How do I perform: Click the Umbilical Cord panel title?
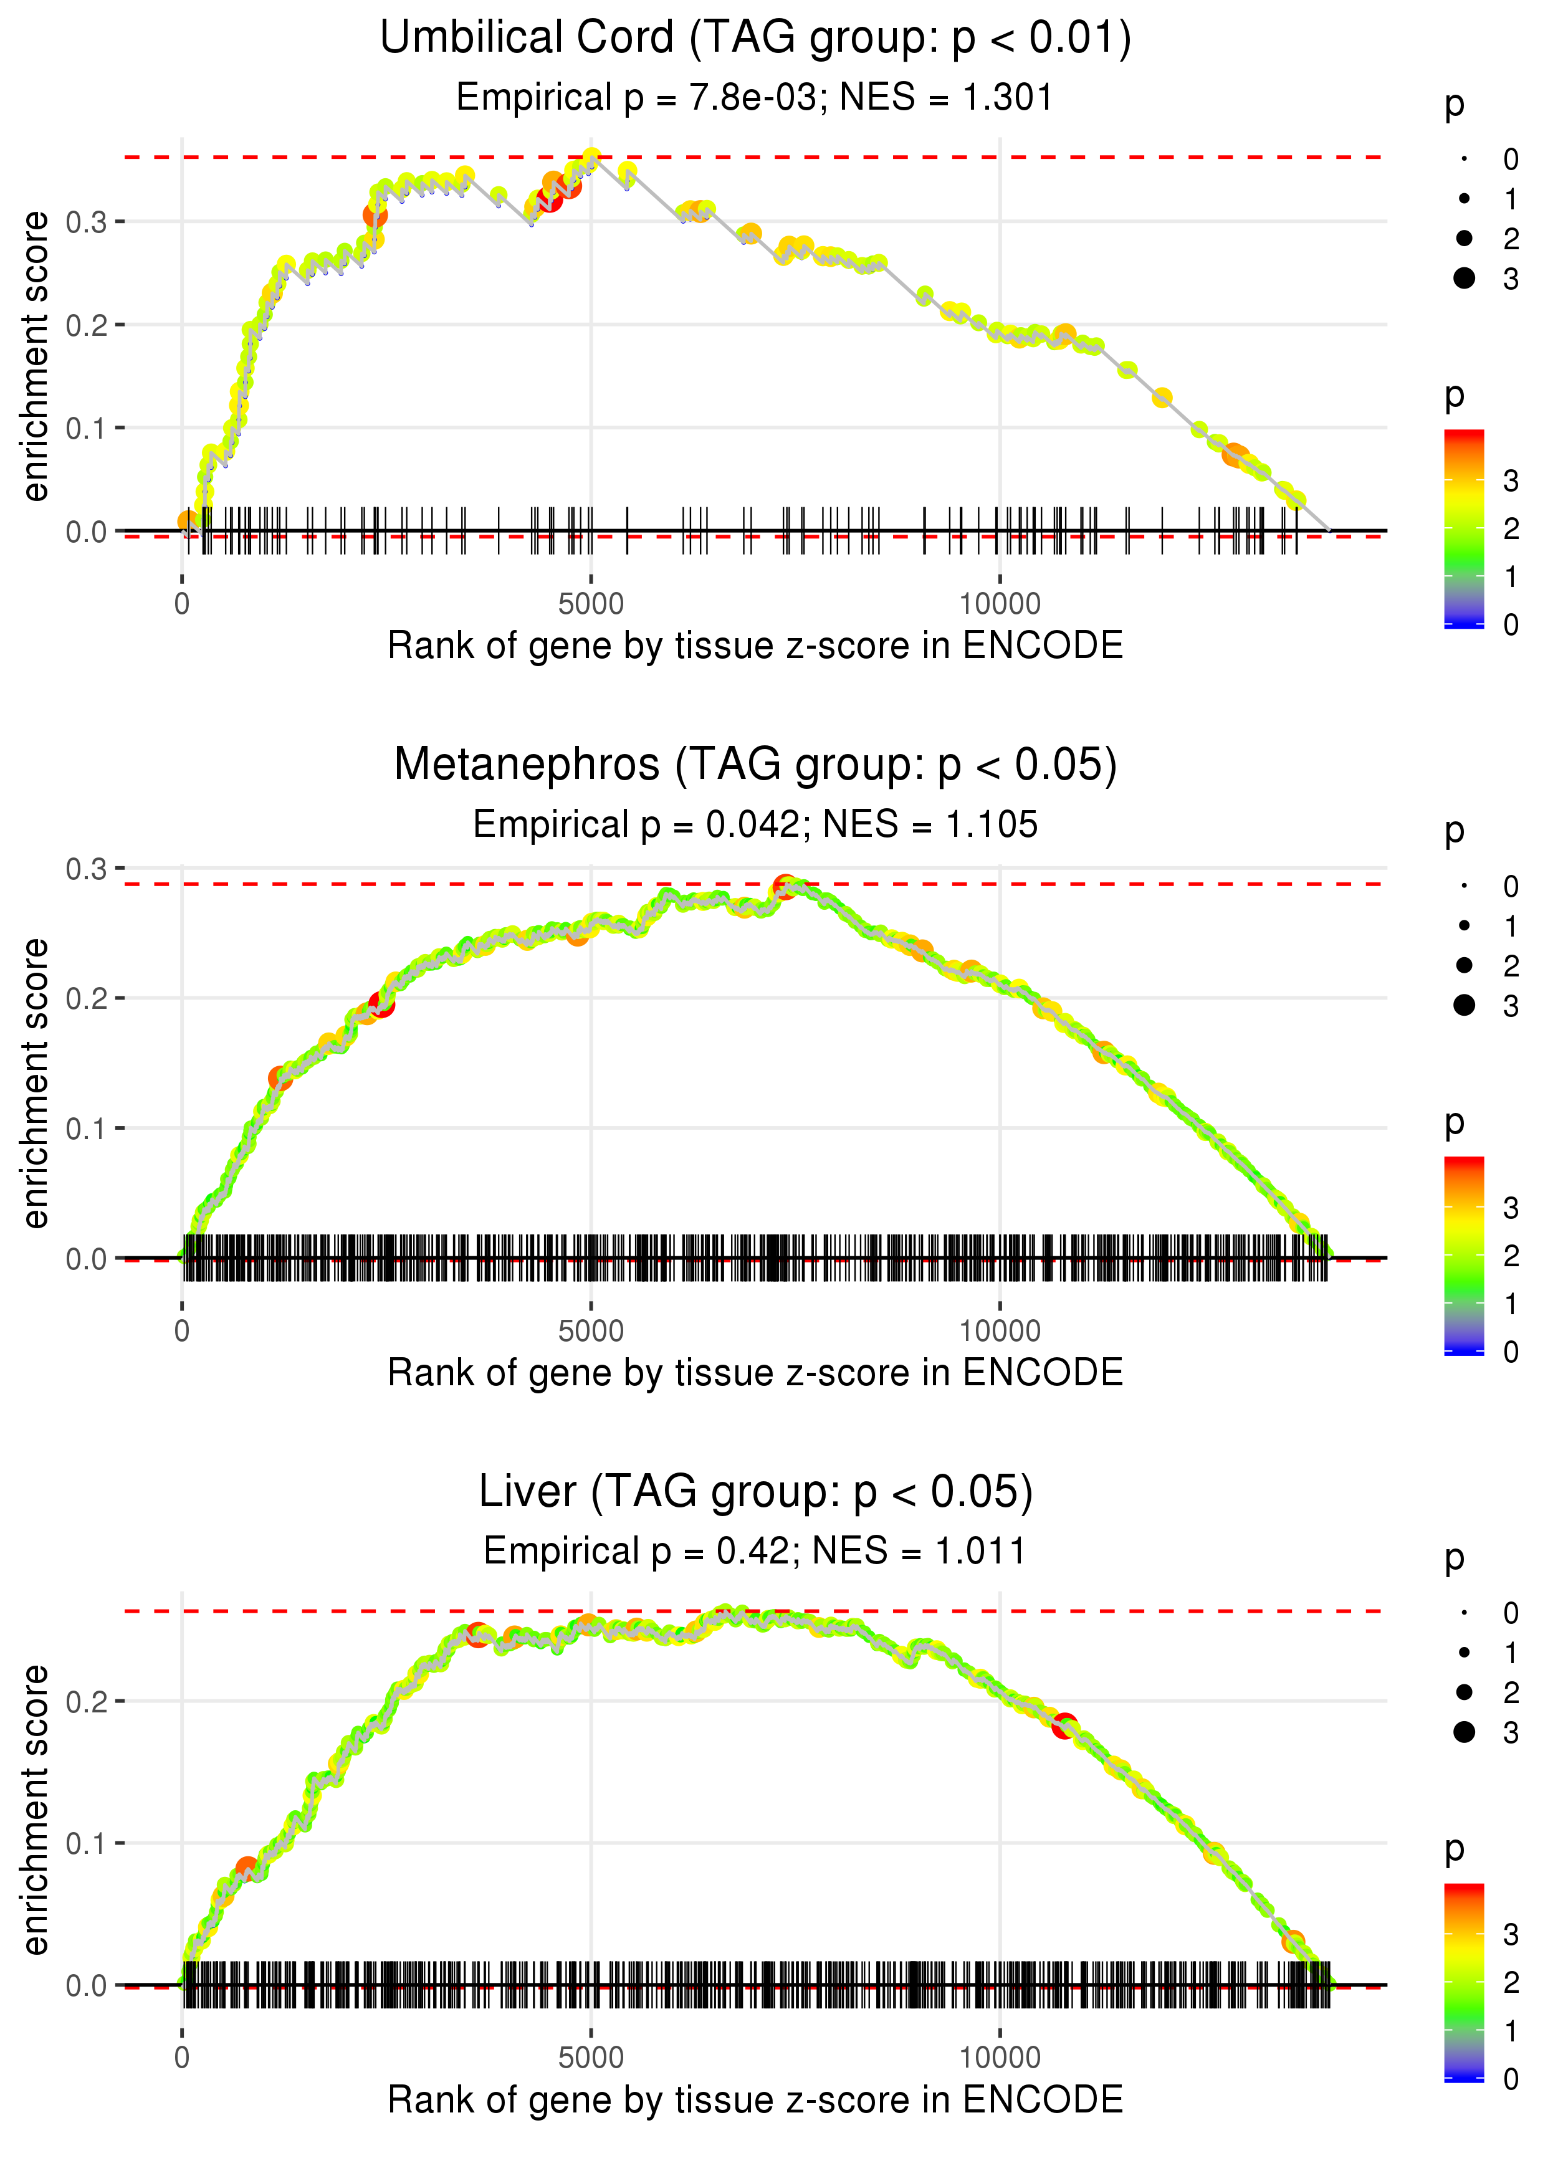tap(755, 39)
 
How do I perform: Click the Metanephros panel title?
tap(755, 765)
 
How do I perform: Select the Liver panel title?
tap(755, 1492)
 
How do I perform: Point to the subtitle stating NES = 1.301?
tap(755, 98)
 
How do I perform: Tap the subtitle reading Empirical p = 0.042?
tap(755, 825)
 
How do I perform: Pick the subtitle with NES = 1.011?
tap(755, 1551)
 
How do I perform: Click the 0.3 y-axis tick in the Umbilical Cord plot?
tap(87, 222)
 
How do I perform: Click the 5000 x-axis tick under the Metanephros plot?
tap(591, 1331)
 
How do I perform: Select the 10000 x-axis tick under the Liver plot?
tap(1000, 2058)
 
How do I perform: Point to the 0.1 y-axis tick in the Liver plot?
tap(87, 1843)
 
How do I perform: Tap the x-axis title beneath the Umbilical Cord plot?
tap(755, 646)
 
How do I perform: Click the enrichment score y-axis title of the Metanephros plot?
tap(36, 1084)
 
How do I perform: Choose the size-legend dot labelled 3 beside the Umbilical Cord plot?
tap(1464, 278)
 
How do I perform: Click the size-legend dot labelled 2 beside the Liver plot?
tap(1464, 1693)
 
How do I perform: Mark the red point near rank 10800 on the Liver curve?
tap(1064, 1726)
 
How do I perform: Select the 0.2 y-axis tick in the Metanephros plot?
tap(87, 998)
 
